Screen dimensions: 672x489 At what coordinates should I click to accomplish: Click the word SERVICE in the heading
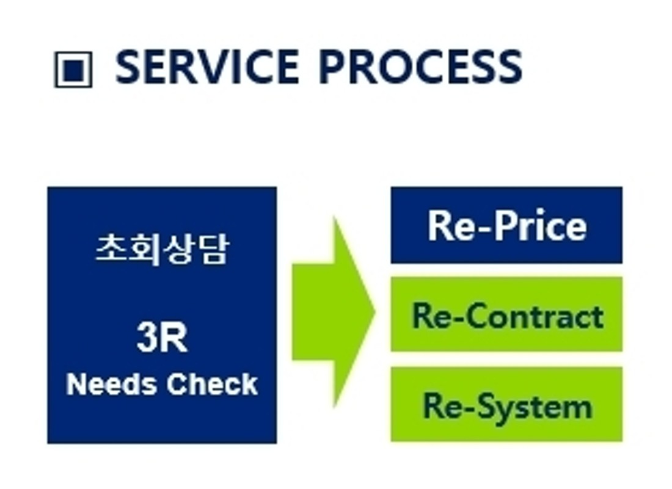pos(208,67)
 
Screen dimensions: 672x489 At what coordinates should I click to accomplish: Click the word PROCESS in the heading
pos(421,67)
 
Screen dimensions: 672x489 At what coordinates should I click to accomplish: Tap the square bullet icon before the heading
pos(73,70)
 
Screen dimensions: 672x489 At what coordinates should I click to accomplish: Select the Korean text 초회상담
pos(162,249)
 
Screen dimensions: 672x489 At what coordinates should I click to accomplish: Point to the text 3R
pos(162,338)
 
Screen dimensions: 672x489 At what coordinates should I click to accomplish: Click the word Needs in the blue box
pos(111,383)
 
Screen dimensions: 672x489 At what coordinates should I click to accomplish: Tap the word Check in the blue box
pos(212,383)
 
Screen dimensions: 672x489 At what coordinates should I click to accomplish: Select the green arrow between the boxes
pos(334,312)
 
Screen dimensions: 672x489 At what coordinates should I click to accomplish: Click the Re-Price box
pos(506,225)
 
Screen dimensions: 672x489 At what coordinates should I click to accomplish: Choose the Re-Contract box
pos(506,314)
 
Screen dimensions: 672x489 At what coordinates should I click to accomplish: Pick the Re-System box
pos(506,404)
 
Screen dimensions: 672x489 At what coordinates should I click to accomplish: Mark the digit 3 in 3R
pos(147,338)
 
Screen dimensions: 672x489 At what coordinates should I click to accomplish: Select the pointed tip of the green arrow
pos(376,312)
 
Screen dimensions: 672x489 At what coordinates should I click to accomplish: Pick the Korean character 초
pos(111,248)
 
